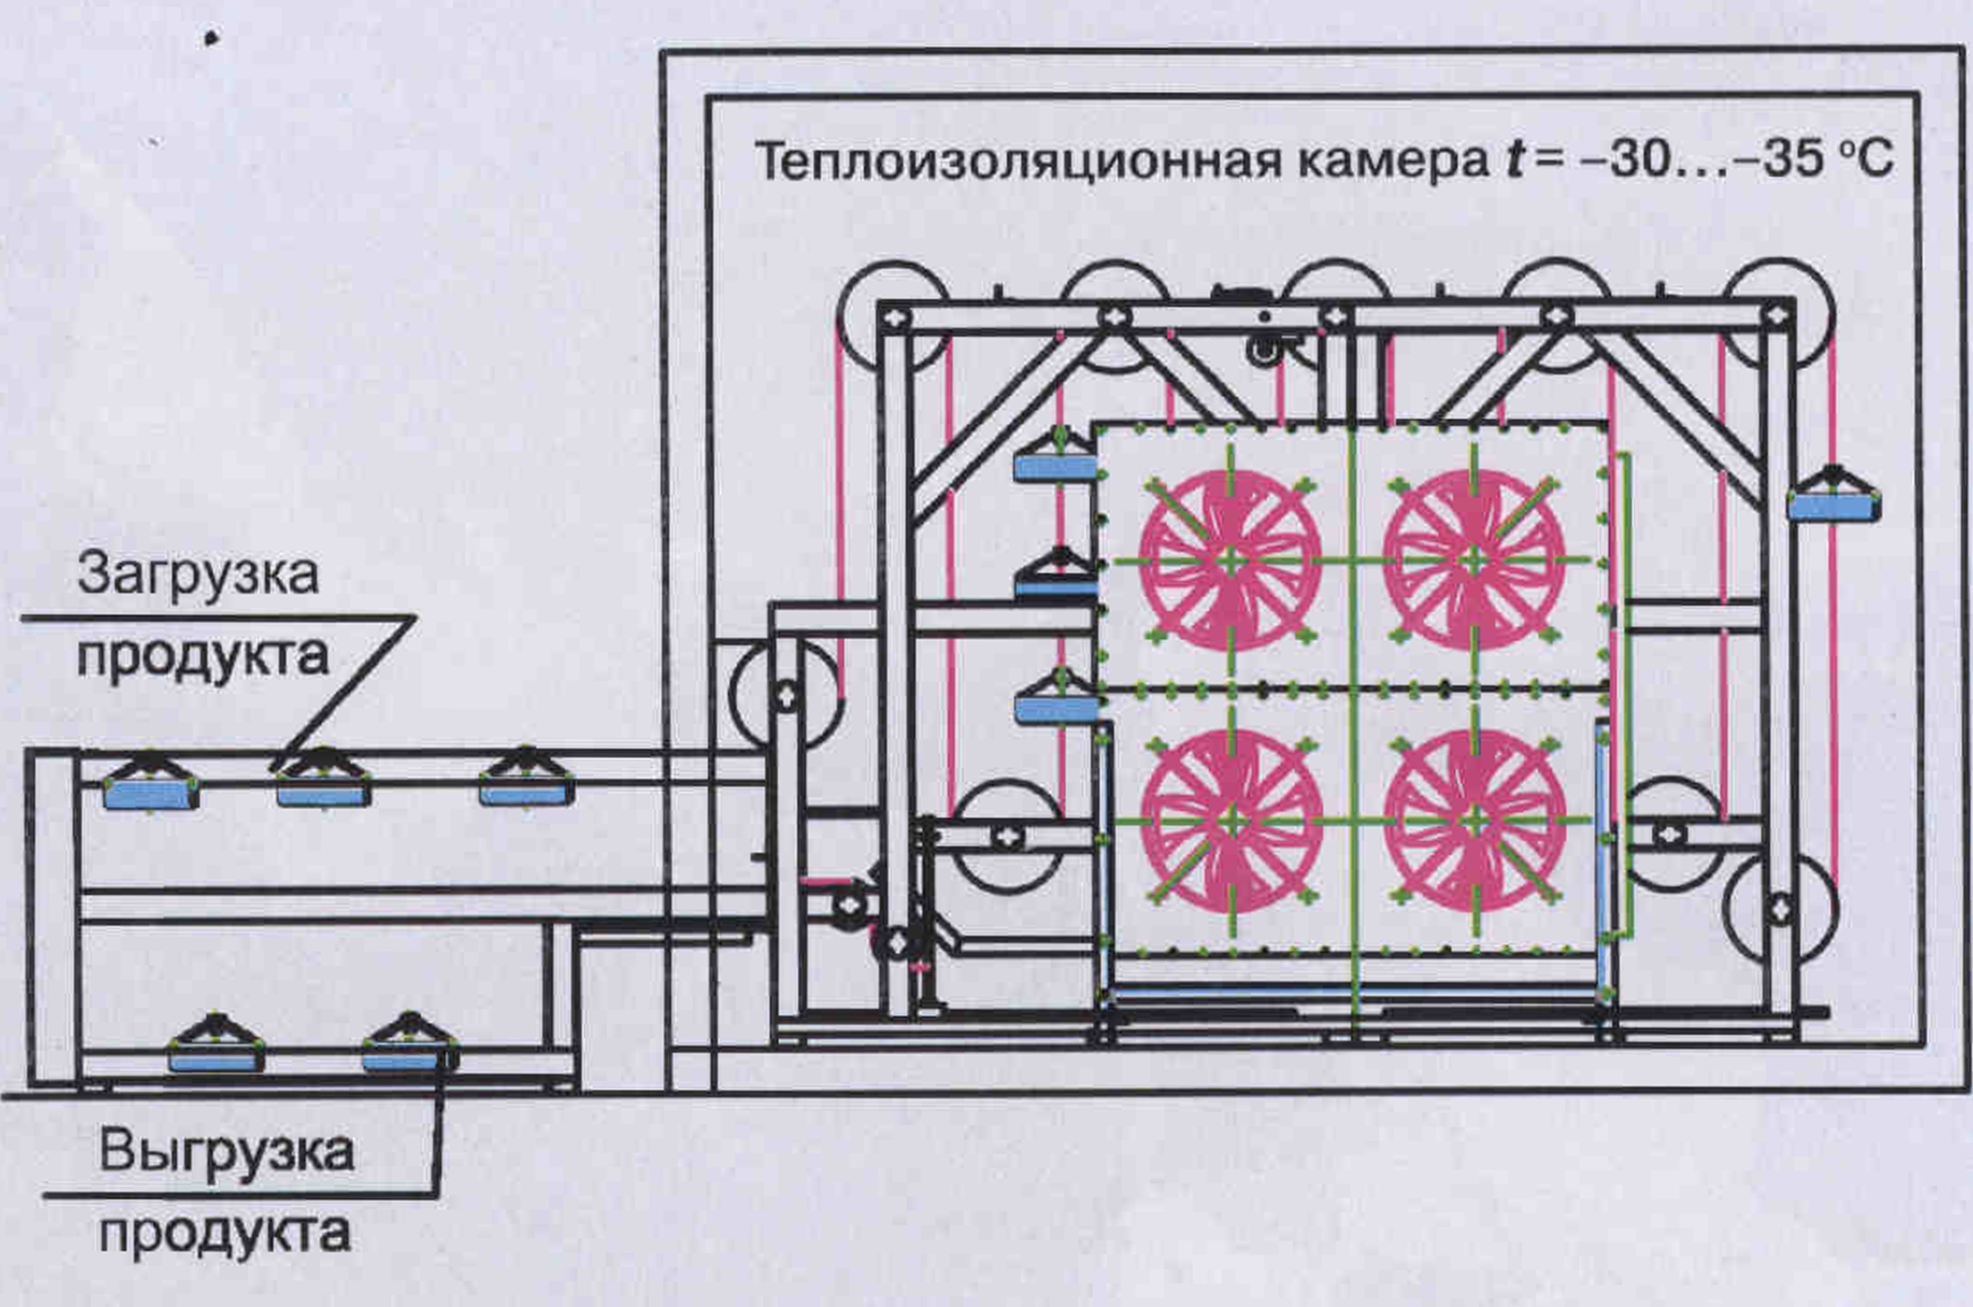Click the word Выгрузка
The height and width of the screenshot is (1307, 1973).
coord(226,1151)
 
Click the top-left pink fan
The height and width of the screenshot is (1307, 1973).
coord(1231,561)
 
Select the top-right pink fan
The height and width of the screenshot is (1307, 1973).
coord(1474,561)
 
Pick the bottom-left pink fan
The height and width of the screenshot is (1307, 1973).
coord(1232,820)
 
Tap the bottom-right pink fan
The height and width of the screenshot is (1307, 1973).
coord(1476,820)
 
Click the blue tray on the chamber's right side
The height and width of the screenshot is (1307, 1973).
coord(1833,505)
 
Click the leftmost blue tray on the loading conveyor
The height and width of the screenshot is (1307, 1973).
coord(150,794)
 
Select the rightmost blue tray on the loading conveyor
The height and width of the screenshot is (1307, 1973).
coord(527,792)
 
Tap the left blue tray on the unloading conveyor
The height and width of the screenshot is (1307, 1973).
coord(216,1060)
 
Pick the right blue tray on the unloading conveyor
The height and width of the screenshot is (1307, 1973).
coord(408,1060)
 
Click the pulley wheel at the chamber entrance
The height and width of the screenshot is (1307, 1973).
coord(786,694)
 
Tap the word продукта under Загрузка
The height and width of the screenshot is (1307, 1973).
coord(203,657)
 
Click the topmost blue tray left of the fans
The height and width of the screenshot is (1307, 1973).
coord(1055,466)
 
